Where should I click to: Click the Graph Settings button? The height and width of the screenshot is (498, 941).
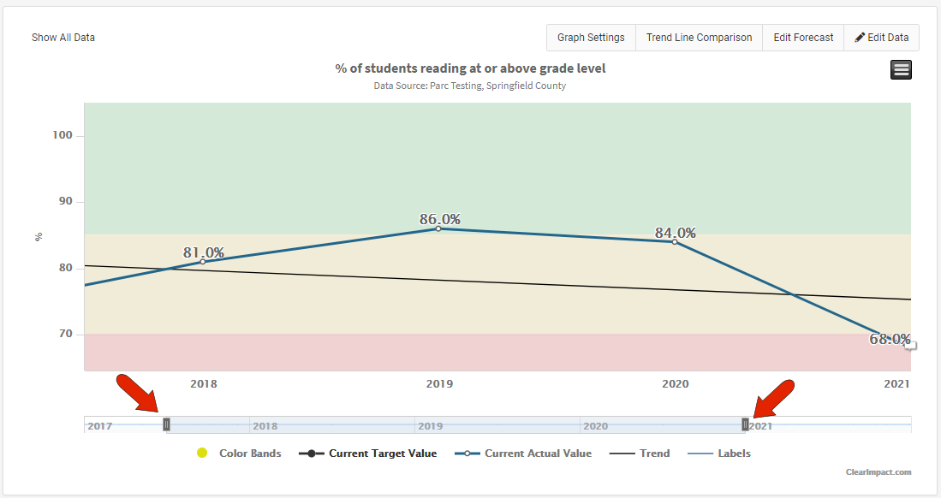(591, 38)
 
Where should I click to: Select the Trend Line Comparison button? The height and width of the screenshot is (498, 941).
(699, 38)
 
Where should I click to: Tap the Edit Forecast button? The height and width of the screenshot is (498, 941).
(803, 38)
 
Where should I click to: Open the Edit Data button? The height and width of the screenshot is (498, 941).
(881, 38)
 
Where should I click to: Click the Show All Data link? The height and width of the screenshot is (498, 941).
(63, 38)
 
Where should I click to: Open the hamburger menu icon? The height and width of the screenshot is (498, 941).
(901, 70)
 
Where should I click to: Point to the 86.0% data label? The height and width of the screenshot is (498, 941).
(440, 219)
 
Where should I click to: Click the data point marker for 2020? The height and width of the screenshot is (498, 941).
(674, 242)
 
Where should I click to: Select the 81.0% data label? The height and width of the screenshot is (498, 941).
(204, 252)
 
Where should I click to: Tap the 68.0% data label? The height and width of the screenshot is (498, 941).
(890, 339)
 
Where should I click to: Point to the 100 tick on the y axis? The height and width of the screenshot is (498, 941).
(67, 136)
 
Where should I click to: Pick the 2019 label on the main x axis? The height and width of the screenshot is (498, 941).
(439, 384)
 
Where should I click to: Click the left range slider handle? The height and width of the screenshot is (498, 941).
(166, 424)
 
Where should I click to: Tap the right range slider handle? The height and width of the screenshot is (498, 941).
(745, 424)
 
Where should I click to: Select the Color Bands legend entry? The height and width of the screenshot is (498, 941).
(240, 454)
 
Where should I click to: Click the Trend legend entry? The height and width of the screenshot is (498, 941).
(641, 454)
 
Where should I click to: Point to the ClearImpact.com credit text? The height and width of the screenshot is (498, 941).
(878, 471)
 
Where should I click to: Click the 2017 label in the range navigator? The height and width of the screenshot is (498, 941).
(100, 426)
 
